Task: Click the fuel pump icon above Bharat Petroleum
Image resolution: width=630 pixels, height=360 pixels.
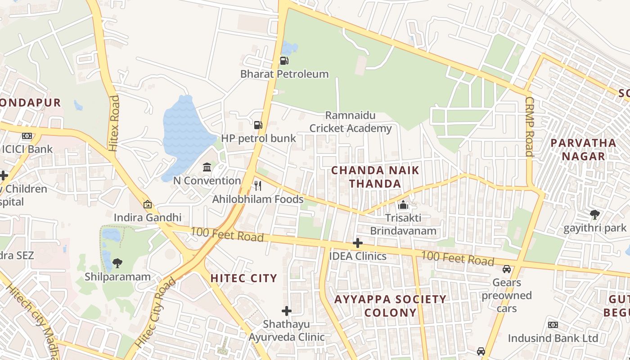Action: point(284,60)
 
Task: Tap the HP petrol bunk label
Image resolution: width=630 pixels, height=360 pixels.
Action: point(258,138)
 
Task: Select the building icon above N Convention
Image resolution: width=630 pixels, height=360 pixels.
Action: point(207,167)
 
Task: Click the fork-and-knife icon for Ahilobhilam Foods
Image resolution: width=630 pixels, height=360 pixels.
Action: point(258,186)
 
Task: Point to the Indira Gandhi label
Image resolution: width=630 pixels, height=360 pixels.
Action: point(147,218)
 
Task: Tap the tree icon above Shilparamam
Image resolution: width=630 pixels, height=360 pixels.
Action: point(117,263)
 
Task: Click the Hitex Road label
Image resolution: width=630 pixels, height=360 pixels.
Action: point(113,122)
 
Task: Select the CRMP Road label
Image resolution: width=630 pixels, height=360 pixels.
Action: point(529,126)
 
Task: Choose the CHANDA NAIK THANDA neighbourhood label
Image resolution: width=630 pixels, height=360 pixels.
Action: point(375,177)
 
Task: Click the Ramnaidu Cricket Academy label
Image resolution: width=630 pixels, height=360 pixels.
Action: point(351,122)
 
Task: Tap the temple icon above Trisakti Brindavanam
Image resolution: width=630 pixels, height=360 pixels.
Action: point(403,205)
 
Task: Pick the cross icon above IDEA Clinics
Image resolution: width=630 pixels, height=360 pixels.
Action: point(358,243)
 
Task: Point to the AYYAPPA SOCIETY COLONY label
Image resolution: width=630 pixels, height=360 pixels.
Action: point(390,306)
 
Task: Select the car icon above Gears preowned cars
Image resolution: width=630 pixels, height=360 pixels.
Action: point(507,269)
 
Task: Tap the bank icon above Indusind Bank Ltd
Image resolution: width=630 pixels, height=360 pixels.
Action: point(553,325)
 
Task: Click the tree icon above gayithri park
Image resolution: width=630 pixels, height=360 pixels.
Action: point(595,215)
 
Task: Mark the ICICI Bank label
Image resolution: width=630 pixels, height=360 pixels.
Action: point(27,149)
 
